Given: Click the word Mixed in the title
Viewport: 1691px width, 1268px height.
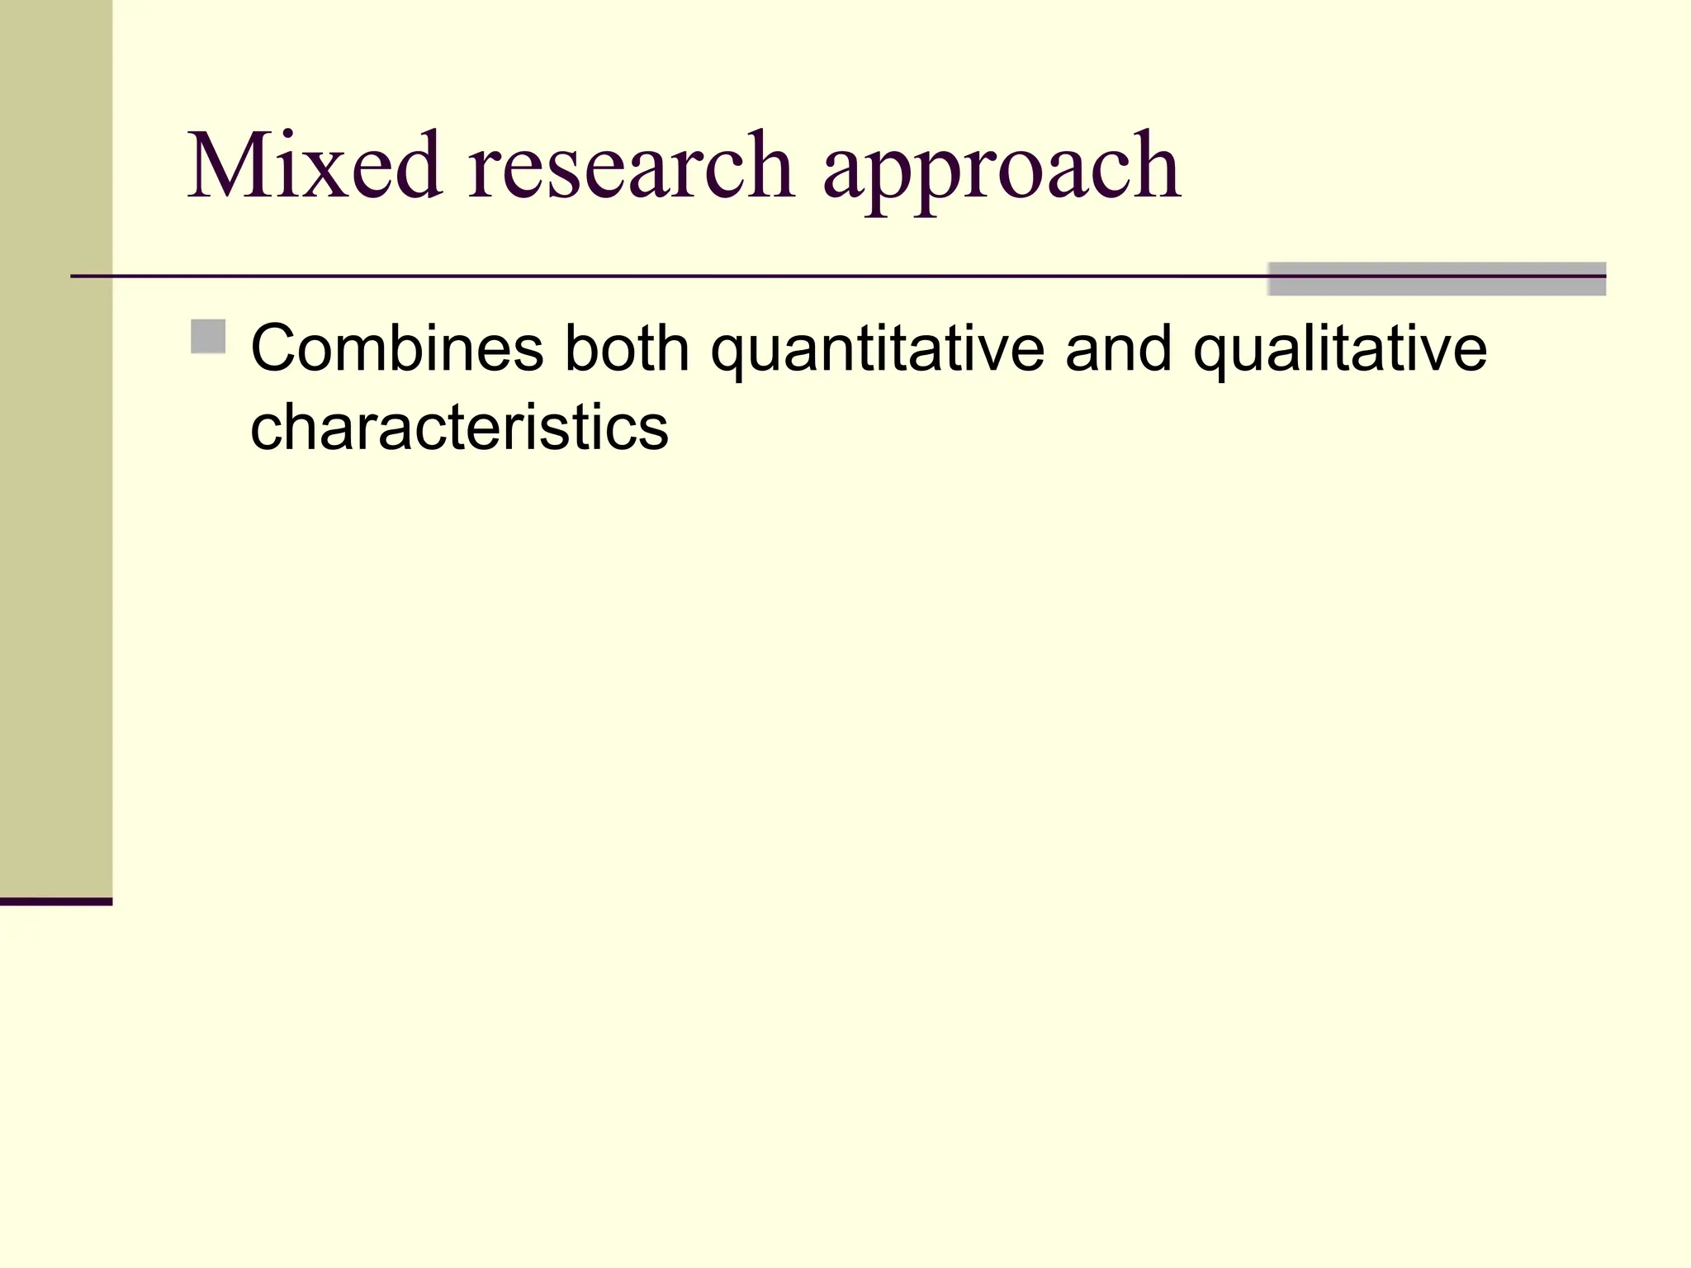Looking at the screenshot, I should coord(315,166).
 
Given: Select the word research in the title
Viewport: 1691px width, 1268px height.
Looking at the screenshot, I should coord(632,166).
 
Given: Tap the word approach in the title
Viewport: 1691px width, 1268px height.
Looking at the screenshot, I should coord(1002,173).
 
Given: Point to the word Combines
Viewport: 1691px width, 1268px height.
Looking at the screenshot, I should coord(397,348).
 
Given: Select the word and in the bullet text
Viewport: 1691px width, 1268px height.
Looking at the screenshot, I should coord(1118,348).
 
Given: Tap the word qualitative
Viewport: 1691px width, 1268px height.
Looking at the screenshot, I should coord(1339,352).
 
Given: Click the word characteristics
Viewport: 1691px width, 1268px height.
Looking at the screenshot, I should coord(459,428).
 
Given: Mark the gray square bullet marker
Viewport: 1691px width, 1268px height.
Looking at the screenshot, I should coord(208,337).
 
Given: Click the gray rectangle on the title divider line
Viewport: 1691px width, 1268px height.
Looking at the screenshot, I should coord(1437,280).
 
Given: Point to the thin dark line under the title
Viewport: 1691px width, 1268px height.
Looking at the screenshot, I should coord(661,276).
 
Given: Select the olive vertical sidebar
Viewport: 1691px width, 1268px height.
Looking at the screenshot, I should coord(56,446).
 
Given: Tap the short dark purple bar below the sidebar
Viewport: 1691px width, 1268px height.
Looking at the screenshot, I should coord(56,901).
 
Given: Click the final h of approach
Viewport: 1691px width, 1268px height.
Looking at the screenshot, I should coord(1155,166).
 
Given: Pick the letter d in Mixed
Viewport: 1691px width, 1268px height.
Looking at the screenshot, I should coord(416,166).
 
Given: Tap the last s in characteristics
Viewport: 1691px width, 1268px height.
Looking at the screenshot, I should coord(653,432).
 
